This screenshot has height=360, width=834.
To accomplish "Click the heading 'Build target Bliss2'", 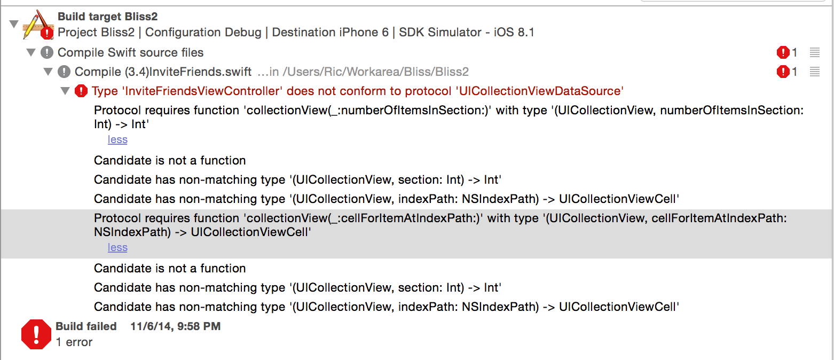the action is click(x=107, y=17).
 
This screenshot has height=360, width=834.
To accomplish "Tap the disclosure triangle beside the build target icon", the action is click(x=14, y=24).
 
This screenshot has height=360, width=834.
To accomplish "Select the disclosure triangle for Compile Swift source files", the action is click(x=31, y=52).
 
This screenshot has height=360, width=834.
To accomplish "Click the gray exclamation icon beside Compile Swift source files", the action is click(x=47, y=52).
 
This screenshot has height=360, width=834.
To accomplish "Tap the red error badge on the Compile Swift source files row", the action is click(x=783, y=52).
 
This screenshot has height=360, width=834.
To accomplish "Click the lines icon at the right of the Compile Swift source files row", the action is click(x=814, y=52).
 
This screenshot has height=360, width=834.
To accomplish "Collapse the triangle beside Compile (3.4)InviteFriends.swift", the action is click(x=48, y=72).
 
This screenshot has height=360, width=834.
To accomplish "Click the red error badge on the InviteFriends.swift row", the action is click(x=783, y=72).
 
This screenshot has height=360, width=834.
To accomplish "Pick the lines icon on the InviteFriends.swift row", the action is click(x=814, y=72).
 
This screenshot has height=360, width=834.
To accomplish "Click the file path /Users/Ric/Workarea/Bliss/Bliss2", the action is click(x=375, y=72).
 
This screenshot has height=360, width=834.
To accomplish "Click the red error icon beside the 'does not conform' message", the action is click(x=81, y=91).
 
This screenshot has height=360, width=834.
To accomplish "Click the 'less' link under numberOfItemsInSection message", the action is click(x=117, y=139).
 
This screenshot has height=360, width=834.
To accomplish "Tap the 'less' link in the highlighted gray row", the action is click(x=117, y=247).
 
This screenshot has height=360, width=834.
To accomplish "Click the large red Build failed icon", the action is click(x=36, y=334).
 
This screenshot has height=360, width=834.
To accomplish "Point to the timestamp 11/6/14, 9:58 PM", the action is click(x=175, y=326).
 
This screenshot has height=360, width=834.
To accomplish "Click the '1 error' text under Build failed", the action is click(x=74, y=342).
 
